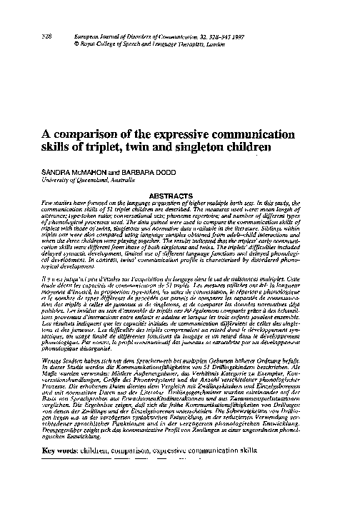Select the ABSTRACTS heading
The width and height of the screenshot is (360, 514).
(x=180, y=194)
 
